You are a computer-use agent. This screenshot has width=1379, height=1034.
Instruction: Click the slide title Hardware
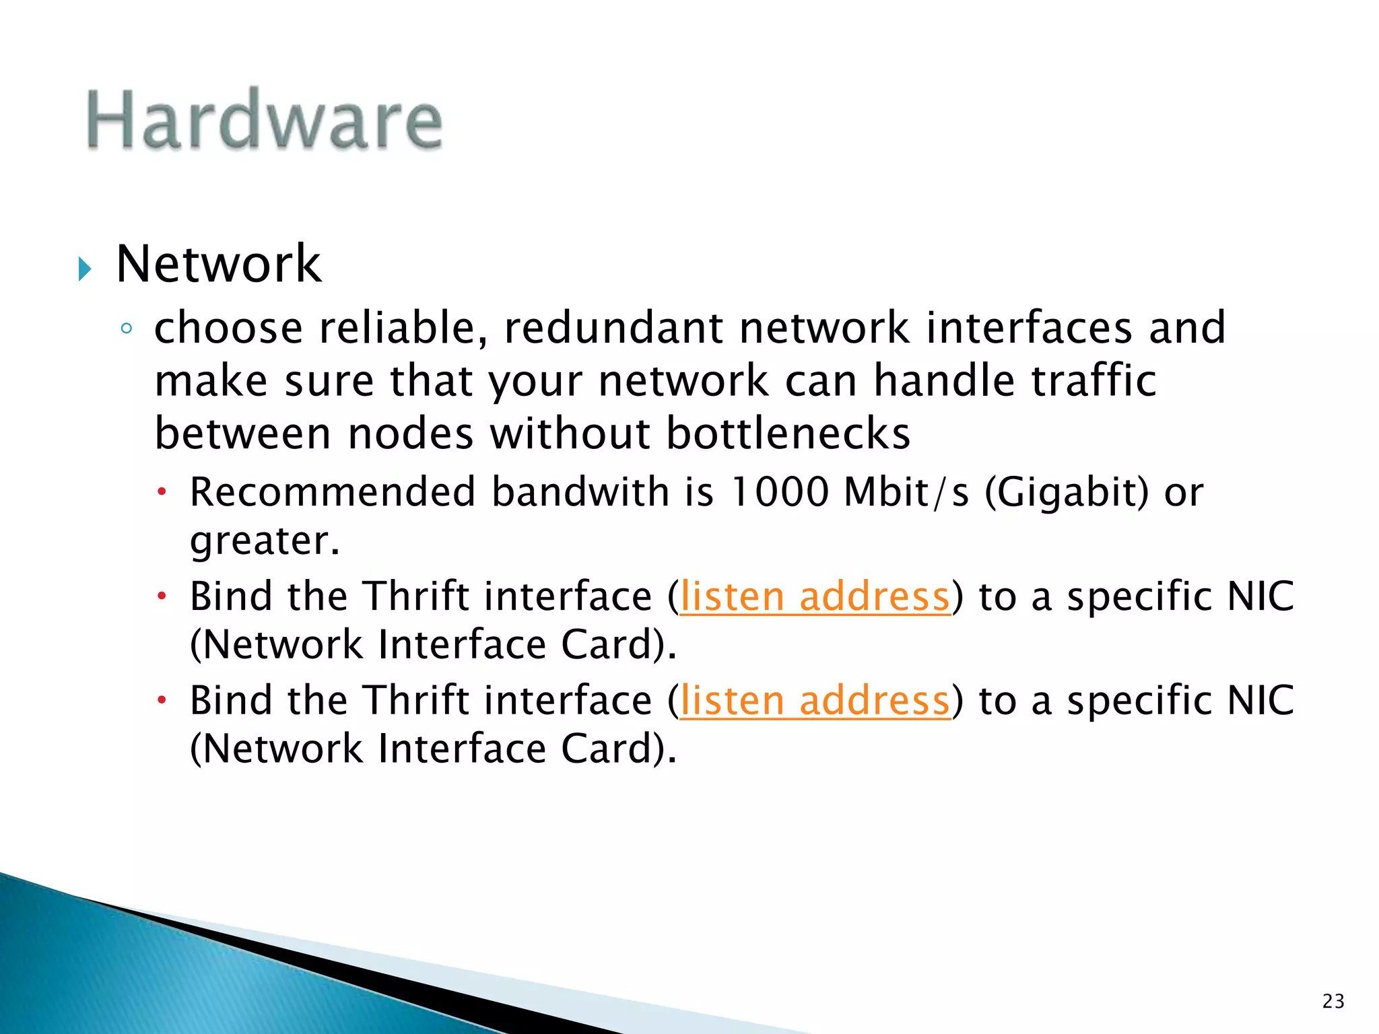(264, 120)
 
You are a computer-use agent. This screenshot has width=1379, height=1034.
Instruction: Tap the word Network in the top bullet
(218, 264)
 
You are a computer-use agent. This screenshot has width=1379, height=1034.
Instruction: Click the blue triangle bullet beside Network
(84, 269)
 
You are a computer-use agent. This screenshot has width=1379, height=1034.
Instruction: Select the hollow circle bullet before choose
(126, 329)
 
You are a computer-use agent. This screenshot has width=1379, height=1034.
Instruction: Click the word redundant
(613, 328)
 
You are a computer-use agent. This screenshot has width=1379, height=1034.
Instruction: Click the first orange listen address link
(815, 596)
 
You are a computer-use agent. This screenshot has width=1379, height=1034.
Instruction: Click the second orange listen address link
(815, 701)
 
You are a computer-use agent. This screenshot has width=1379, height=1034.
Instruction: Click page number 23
(1333, 1001)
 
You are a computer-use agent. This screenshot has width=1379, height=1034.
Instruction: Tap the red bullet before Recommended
(162, 492)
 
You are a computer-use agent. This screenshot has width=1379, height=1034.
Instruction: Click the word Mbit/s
(906, 491)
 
